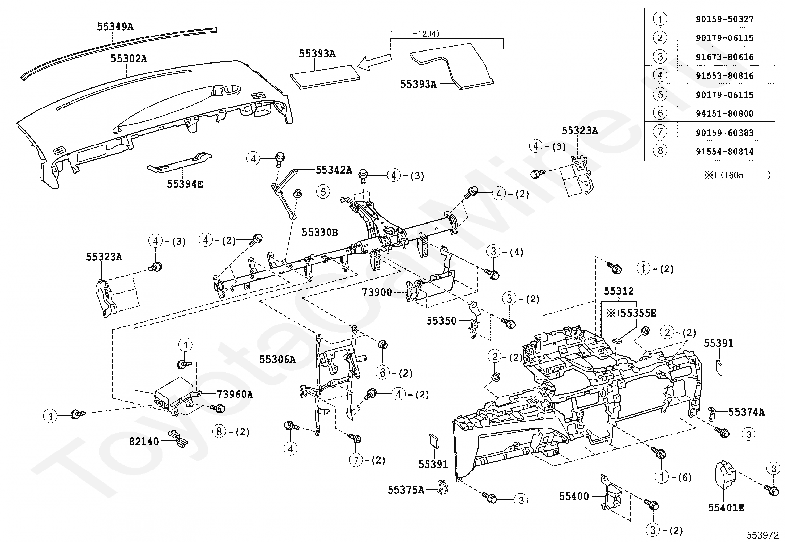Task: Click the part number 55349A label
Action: (x=115, y=27)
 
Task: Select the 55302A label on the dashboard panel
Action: (x=129, y=59)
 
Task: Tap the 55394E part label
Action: (x=185, y=184)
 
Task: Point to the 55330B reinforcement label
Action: (x=320, y=232)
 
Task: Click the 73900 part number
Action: (x=377, y=292)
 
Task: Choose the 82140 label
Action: (x=144, y=441)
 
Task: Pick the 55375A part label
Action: (x=406, y=490)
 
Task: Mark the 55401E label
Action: (x=726, y=507)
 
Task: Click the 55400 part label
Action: (x=574, y=496)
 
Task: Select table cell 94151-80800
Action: (x=724, y=114)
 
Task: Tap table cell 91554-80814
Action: (x=724, y=152)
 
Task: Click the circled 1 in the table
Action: (x=660, y=19)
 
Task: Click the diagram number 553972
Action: (x=762, y=534)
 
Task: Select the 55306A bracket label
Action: (x=278, y=360)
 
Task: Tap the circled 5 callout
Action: (x=322, y=191)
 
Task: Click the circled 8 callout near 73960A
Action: (x=219, y=432)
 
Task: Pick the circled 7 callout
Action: (x=356, y=460)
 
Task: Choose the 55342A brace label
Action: (x=334, y=170)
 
